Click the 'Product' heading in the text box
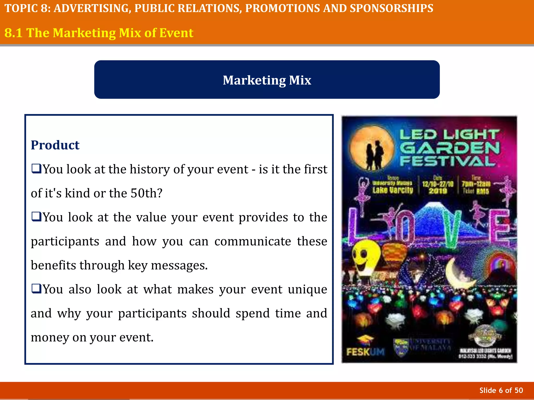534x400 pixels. pos(55,145)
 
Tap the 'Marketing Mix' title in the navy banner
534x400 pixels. pos(267,80)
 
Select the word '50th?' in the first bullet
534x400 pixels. pos(146,193)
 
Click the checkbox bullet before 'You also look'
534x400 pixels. pos(36,289)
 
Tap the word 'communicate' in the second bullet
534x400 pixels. pos(253,241)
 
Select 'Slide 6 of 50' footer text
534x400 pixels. pos(501,390)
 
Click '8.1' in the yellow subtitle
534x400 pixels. pos(13,33)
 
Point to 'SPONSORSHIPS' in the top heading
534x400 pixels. pos(391,8)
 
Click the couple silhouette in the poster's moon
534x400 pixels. pos(375,155)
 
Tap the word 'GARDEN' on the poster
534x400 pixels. pos(450,148)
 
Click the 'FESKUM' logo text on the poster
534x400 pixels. pos(365,352)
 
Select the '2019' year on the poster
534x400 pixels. pos(438,191)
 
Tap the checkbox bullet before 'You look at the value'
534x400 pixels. pos(36,217)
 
